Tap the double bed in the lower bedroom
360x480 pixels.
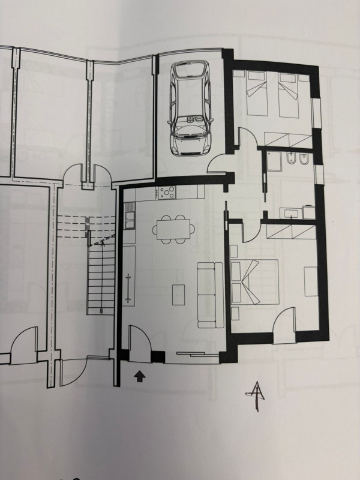[254, 280]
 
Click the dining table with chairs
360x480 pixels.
[175, 229]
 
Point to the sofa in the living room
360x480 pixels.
[206, 294]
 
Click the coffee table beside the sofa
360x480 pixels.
[179, 294]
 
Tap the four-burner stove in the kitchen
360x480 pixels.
[167, 193]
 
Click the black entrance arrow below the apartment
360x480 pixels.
[139, 377]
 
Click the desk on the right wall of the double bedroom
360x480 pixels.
[310, 281]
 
